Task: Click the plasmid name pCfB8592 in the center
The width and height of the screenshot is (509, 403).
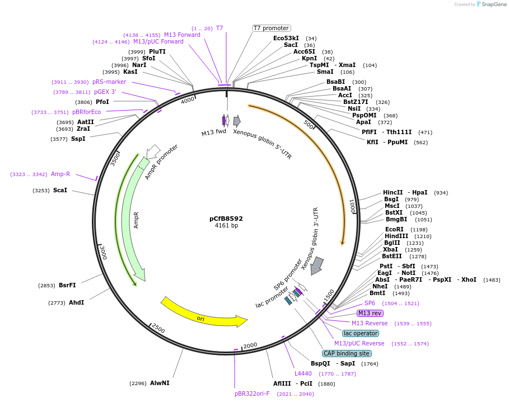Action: click(x=226, y=219)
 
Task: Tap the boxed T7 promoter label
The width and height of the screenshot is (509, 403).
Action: click(x=271, y=28)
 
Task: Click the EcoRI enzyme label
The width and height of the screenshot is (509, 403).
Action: click(x=394, y=229)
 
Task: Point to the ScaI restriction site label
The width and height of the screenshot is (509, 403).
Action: click(x=60, y=190)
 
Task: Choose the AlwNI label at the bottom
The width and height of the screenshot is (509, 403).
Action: click(x=159, y=383)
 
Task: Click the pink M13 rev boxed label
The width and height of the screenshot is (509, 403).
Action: click(x=370, y=313)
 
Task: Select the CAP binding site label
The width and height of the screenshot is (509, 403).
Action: click(x=347, y=353)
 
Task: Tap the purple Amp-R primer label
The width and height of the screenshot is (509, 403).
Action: click(x=60, y=174)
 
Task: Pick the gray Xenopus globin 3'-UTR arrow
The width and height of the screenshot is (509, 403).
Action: click(x=317, y=265)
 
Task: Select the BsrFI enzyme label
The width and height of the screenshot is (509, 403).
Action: click(x=67, y=285)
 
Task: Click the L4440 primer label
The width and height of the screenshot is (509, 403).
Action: click(x=303, y=373)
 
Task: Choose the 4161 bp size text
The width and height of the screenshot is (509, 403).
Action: click(x=226, y=226)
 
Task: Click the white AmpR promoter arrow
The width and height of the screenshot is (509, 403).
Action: click(x=153, y=151)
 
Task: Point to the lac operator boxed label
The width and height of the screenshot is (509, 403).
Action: click(x=360, y=333)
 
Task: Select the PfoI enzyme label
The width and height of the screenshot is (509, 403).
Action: click(x=102, y=102)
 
